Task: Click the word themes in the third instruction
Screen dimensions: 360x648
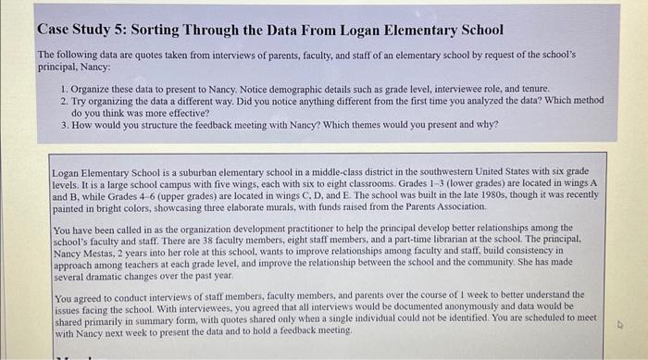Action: point(385,124)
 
